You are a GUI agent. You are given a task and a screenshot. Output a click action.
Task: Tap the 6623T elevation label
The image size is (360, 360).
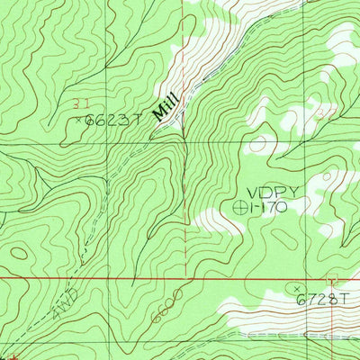click(x=112, y=118)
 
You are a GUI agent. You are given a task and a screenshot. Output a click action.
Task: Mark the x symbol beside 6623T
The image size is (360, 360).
click(x=78, y=118)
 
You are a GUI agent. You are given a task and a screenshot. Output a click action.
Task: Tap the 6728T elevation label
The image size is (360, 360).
click(x=320, y=300)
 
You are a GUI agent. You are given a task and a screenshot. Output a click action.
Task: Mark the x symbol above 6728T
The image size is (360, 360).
click(x=298, y=288)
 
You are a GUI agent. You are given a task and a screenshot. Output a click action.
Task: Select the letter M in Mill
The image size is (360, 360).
click(x=154, y=116)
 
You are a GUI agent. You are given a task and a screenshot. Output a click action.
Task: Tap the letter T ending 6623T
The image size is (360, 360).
click(x=139, y=118)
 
